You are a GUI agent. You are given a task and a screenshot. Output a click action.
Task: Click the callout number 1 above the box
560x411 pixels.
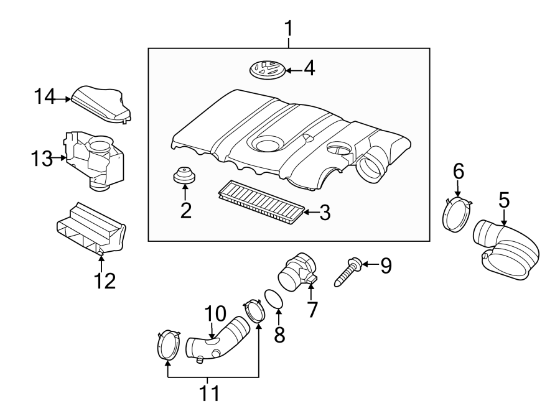pyautogui.click(x=289, y=29)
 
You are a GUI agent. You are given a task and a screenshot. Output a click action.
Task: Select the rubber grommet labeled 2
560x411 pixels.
pyautogui.click(x=184, y=177)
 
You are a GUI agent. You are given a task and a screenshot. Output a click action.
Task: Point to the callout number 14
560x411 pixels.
pyautogui.click(x=45, y=97)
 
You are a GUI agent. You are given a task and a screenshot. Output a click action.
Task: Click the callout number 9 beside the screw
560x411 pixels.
pyautogui.click(x=386, y=266)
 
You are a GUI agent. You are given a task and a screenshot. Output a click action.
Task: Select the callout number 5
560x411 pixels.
pyautogui.click(x=503, y=200)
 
